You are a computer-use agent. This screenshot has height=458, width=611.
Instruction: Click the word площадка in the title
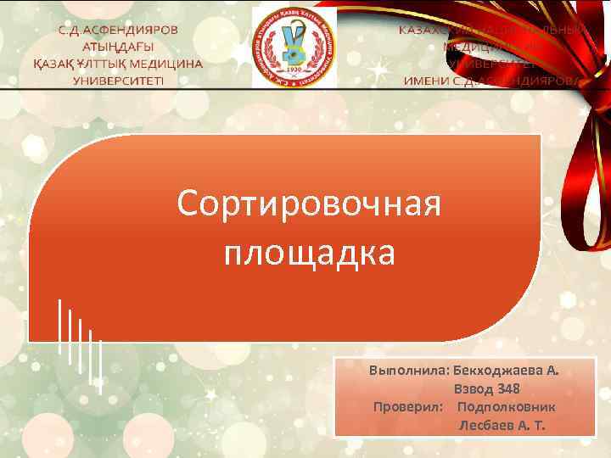(309, 252)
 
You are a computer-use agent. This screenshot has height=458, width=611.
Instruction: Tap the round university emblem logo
(294, 47)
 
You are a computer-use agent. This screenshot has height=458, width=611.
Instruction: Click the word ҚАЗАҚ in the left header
(52, 64)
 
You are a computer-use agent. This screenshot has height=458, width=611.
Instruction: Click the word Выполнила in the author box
(408, 371)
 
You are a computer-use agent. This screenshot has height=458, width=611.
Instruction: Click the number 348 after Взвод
(508, 389)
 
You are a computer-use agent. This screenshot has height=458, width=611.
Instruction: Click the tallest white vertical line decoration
(59, 327)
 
